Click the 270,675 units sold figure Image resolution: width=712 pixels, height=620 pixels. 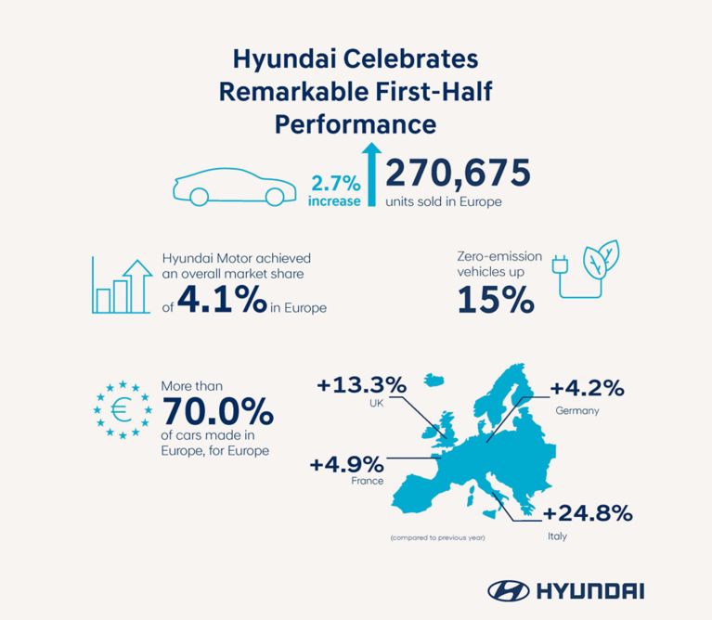point(458,173)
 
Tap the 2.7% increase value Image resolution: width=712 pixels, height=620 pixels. point(336,184)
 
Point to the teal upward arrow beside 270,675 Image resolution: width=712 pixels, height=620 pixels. point(372,174)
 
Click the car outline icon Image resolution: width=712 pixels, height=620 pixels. point(234,187)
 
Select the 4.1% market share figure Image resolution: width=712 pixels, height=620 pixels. point(222,299)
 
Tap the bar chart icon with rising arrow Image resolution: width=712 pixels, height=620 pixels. point(122,286)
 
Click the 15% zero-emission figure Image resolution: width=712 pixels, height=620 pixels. point(496,300)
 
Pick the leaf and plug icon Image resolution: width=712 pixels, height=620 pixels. point(586,269)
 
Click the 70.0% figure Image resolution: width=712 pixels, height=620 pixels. point(217,411)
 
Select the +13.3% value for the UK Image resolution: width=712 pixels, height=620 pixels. point(362,385)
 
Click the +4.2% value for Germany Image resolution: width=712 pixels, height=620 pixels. point(587,389)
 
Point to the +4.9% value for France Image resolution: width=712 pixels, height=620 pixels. point(347,465)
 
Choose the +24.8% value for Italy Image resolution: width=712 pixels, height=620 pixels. point(588,513)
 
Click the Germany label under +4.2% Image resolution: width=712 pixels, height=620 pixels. point(577,411)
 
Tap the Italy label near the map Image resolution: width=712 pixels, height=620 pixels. point(557,536)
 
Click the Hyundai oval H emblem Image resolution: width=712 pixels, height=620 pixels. point(508,591)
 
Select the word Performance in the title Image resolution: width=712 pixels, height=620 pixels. point(356,124)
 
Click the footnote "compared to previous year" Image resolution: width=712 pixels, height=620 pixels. point(438,537)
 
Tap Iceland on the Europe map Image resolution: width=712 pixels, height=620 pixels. point(434,380)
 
